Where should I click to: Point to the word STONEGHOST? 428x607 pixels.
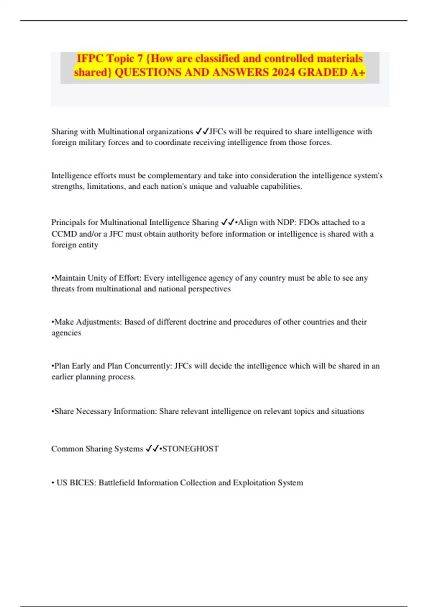(190, 449)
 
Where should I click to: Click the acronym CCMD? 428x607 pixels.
(64, 234)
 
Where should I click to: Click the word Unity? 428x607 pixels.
(97, 278)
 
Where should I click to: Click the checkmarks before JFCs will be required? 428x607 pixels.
(202, 131)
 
